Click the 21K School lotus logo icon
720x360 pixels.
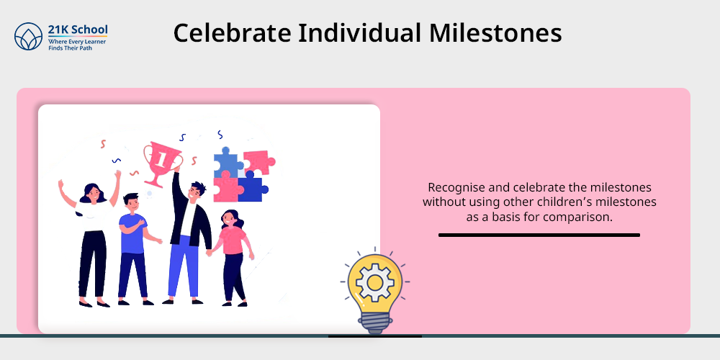(x=29, y=36)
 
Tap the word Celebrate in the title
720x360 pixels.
(x=232, y=33)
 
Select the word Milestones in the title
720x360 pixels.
(x=495, y=33)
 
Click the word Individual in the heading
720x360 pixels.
(x=360, y=33)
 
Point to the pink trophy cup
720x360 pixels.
(x=162, y=163)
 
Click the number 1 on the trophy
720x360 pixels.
(x=161, y=159)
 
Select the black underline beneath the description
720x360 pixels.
(x=539, y=235)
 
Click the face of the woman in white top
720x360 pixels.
(x=93, y=193)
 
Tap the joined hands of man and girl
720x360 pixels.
(x=210, y=252)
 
